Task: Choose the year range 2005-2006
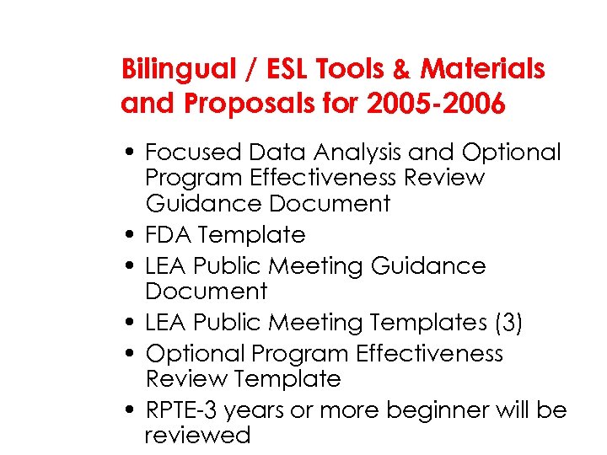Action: [436, 104]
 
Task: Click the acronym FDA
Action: [170, 234]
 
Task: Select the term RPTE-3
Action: [183, 410]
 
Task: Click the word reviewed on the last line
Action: [198, 436]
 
